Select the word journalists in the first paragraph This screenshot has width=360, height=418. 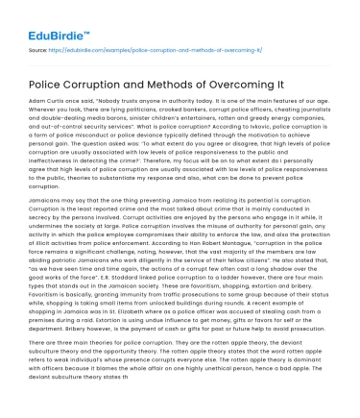tap(316, 113)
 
